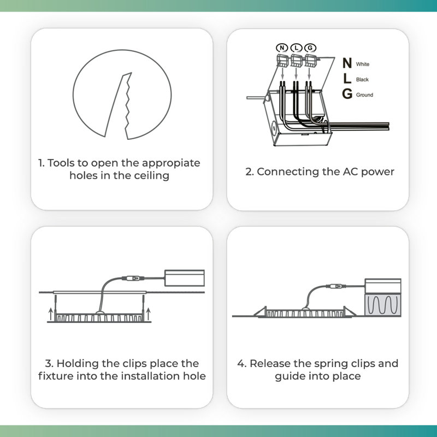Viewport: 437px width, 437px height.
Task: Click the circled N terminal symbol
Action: (x=282, y=48)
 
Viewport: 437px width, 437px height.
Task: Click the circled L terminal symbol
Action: (x=296, y=48)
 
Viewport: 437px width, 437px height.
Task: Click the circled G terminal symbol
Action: (x=310, y=48)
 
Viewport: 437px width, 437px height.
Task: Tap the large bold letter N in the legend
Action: (x=347, y=63)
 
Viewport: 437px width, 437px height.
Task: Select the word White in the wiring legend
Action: (x=363, y=64)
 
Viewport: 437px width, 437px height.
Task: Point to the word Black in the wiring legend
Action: (x=362, y=79)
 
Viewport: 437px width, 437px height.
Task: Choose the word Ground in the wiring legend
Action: (x=364, y=95)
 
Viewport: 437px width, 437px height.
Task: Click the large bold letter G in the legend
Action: (x=347, y=93)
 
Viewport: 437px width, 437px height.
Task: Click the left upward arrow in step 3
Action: (x=50, y=314)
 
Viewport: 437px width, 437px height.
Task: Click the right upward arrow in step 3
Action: (x=148, y=314)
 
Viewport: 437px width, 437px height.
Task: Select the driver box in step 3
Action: (x=185, y=278)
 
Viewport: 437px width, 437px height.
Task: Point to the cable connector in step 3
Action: (x=133, y=278)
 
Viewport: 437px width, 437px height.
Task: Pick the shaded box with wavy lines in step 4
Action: (x=383, y=305)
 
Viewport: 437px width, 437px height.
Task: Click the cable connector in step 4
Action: (x=336, y=286)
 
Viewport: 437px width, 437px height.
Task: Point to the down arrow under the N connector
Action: (x=282, y=73)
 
